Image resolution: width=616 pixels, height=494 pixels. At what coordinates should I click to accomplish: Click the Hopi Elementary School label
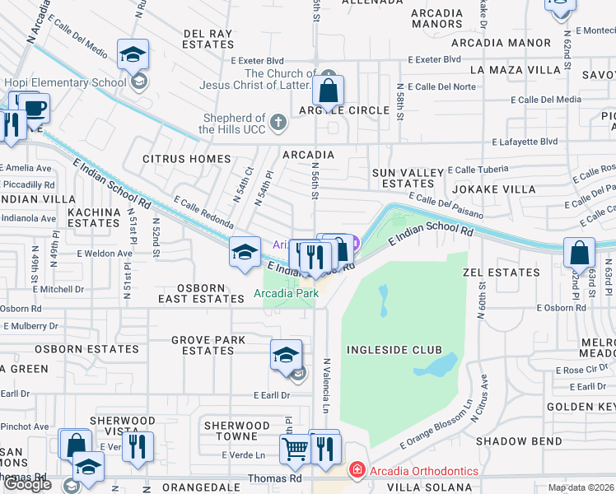pos(64,82)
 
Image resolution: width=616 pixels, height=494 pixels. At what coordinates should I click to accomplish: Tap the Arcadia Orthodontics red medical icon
pos(357,471)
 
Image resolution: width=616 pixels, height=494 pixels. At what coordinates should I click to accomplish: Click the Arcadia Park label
pos(286,293)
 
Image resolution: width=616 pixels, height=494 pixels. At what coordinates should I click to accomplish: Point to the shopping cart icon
pos(295,449)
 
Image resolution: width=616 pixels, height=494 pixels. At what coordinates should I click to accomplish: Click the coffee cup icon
pos(34,108)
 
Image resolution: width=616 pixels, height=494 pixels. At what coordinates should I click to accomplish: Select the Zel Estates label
pos(501,272)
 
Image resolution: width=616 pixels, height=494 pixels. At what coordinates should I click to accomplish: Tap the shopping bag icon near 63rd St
pos(579,253)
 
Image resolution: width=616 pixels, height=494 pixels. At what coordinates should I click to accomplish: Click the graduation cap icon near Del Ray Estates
pos(133,54)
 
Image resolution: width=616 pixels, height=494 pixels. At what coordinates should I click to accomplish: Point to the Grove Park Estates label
pos(203,345)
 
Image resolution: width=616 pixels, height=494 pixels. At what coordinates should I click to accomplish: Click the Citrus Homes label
pos(187,158)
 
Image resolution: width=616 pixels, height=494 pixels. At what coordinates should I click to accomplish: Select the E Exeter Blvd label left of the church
pos(257,60)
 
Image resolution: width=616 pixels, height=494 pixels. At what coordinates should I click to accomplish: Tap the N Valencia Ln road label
pos(327,385)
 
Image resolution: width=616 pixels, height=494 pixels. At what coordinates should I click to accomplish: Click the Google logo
pos(27,484)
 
